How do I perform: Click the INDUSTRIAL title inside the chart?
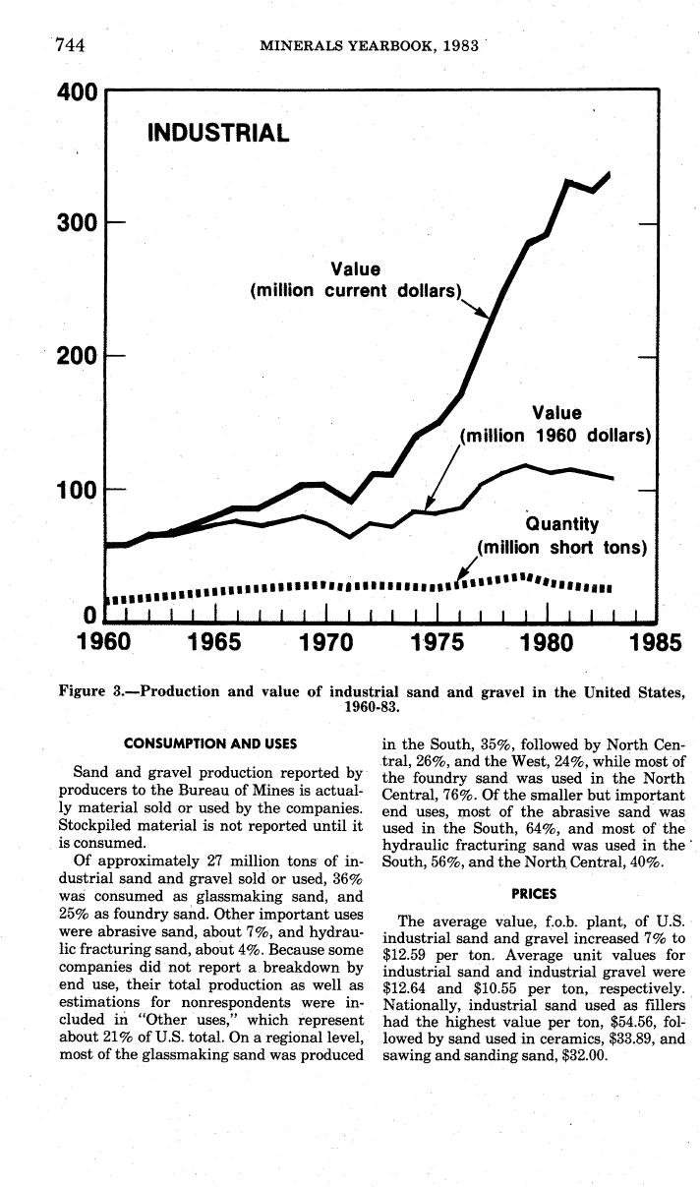[x=218, y=133]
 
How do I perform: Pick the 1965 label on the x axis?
[x=214, y=643]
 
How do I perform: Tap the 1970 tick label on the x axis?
[x=325, y=643]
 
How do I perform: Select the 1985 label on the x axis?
[x=654, y=643]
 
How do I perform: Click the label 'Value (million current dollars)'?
[x=356, y=280]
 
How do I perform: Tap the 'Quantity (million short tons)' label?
[x=561, y=536]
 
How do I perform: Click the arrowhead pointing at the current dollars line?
[x=483, y=314]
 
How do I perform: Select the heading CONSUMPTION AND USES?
[x=210, y=743]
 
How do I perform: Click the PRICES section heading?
[x=534, y=894]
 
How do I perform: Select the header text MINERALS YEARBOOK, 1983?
[x=370, y=44]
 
